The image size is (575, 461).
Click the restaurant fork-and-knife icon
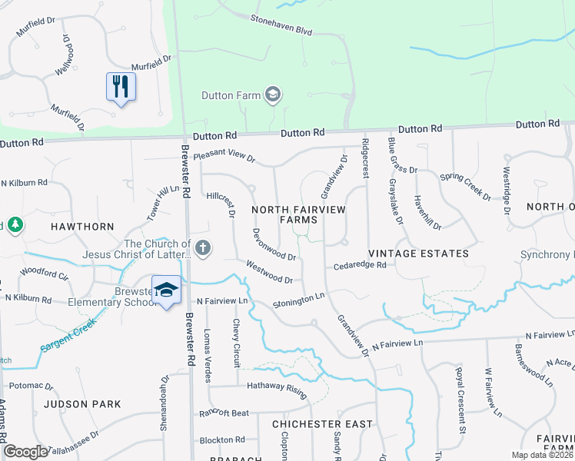pyautogui.click(x=121, y=86)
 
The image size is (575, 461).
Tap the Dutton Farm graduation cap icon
pyautogui.click(x=271, y=95)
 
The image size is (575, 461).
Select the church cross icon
pyautogui.click(x=203, y=247)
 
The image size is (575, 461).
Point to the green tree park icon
pyautogui.click(x=15, y=225)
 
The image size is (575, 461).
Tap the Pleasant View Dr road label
pyautogui.click(x=224, y=156)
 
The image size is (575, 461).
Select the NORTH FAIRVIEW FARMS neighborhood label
pyautogui.click(x=298, y=214)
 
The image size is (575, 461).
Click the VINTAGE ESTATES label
pyautogui.click(x=418, y=253)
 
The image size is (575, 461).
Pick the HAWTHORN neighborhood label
pyautogui.click(x=82, y=227)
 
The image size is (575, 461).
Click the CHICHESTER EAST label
pyautogui.click(x=322, y=423)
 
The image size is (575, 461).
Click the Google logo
pyautogui.click(x=25, y=453)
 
